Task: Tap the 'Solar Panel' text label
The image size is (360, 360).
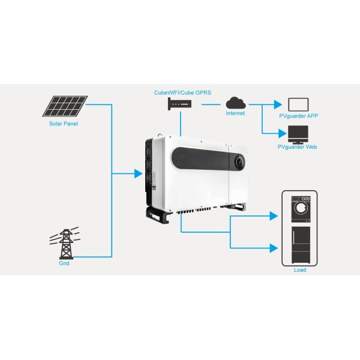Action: pos(64,124)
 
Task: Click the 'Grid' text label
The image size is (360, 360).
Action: pos(64,263)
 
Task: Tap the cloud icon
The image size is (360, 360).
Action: pos(235,102)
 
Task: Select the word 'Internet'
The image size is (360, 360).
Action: pos(235,113)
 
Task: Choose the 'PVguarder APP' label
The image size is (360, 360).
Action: pos(298,116)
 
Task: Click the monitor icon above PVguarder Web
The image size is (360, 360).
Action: pos(298,133)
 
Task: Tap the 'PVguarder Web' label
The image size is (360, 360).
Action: pos(298,146)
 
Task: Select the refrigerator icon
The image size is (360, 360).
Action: pos(300,245)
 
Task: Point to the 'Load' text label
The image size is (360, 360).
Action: pos(300,270)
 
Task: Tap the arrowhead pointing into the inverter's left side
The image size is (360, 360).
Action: pos(139,175)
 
